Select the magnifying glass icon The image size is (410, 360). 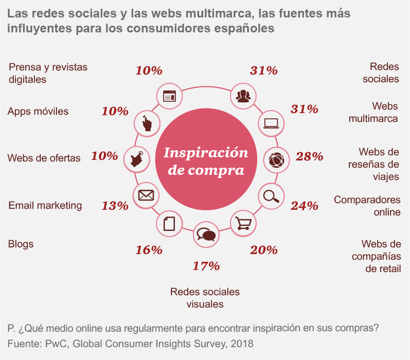point(270,196)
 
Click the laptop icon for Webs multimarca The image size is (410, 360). point(271,123)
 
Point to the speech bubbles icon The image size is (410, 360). point(206,235)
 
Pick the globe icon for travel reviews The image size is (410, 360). point(277,159)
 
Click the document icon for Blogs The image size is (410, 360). point(169,224)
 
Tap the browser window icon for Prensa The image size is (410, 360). point(169,96)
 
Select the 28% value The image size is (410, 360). point(309,156)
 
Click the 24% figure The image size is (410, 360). point(304,206)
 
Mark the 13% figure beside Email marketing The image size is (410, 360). point(115,206)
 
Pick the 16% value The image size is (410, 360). point(149,250)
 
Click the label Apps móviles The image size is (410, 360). point(38,112)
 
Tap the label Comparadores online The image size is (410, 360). point(367,206)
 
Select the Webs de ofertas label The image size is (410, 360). point(44,158)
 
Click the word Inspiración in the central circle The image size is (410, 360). point(206,153)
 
